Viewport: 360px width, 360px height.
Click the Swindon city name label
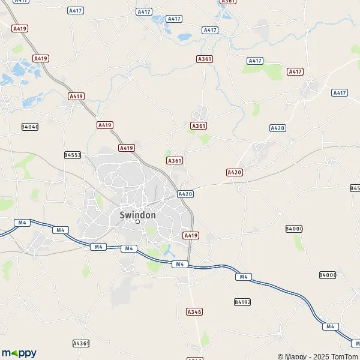point(137,214)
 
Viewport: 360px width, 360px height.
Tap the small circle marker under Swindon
point(137,222)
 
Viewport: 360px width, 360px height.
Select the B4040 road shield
point(29,127)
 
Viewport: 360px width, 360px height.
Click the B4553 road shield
point(73,155)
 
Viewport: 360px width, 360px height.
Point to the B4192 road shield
point(242,302)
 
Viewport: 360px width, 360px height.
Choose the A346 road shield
point(194,312)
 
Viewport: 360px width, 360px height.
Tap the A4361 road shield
point(81,343)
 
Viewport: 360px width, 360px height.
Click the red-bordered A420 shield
point(234,172)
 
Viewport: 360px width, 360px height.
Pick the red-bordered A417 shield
point(295,71)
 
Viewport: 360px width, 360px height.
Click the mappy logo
point(19,353)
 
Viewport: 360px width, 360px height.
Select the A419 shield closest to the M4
point(191,236)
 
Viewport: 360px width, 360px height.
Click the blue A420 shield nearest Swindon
point(185,194)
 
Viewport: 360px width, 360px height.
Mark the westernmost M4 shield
point(23,223)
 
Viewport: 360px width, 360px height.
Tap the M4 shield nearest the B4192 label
point(243,277)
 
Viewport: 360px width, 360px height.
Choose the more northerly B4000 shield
point(294,229)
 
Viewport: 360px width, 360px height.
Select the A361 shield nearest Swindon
point(175,161)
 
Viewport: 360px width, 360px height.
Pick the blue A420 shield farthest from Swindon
point(277,128)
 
